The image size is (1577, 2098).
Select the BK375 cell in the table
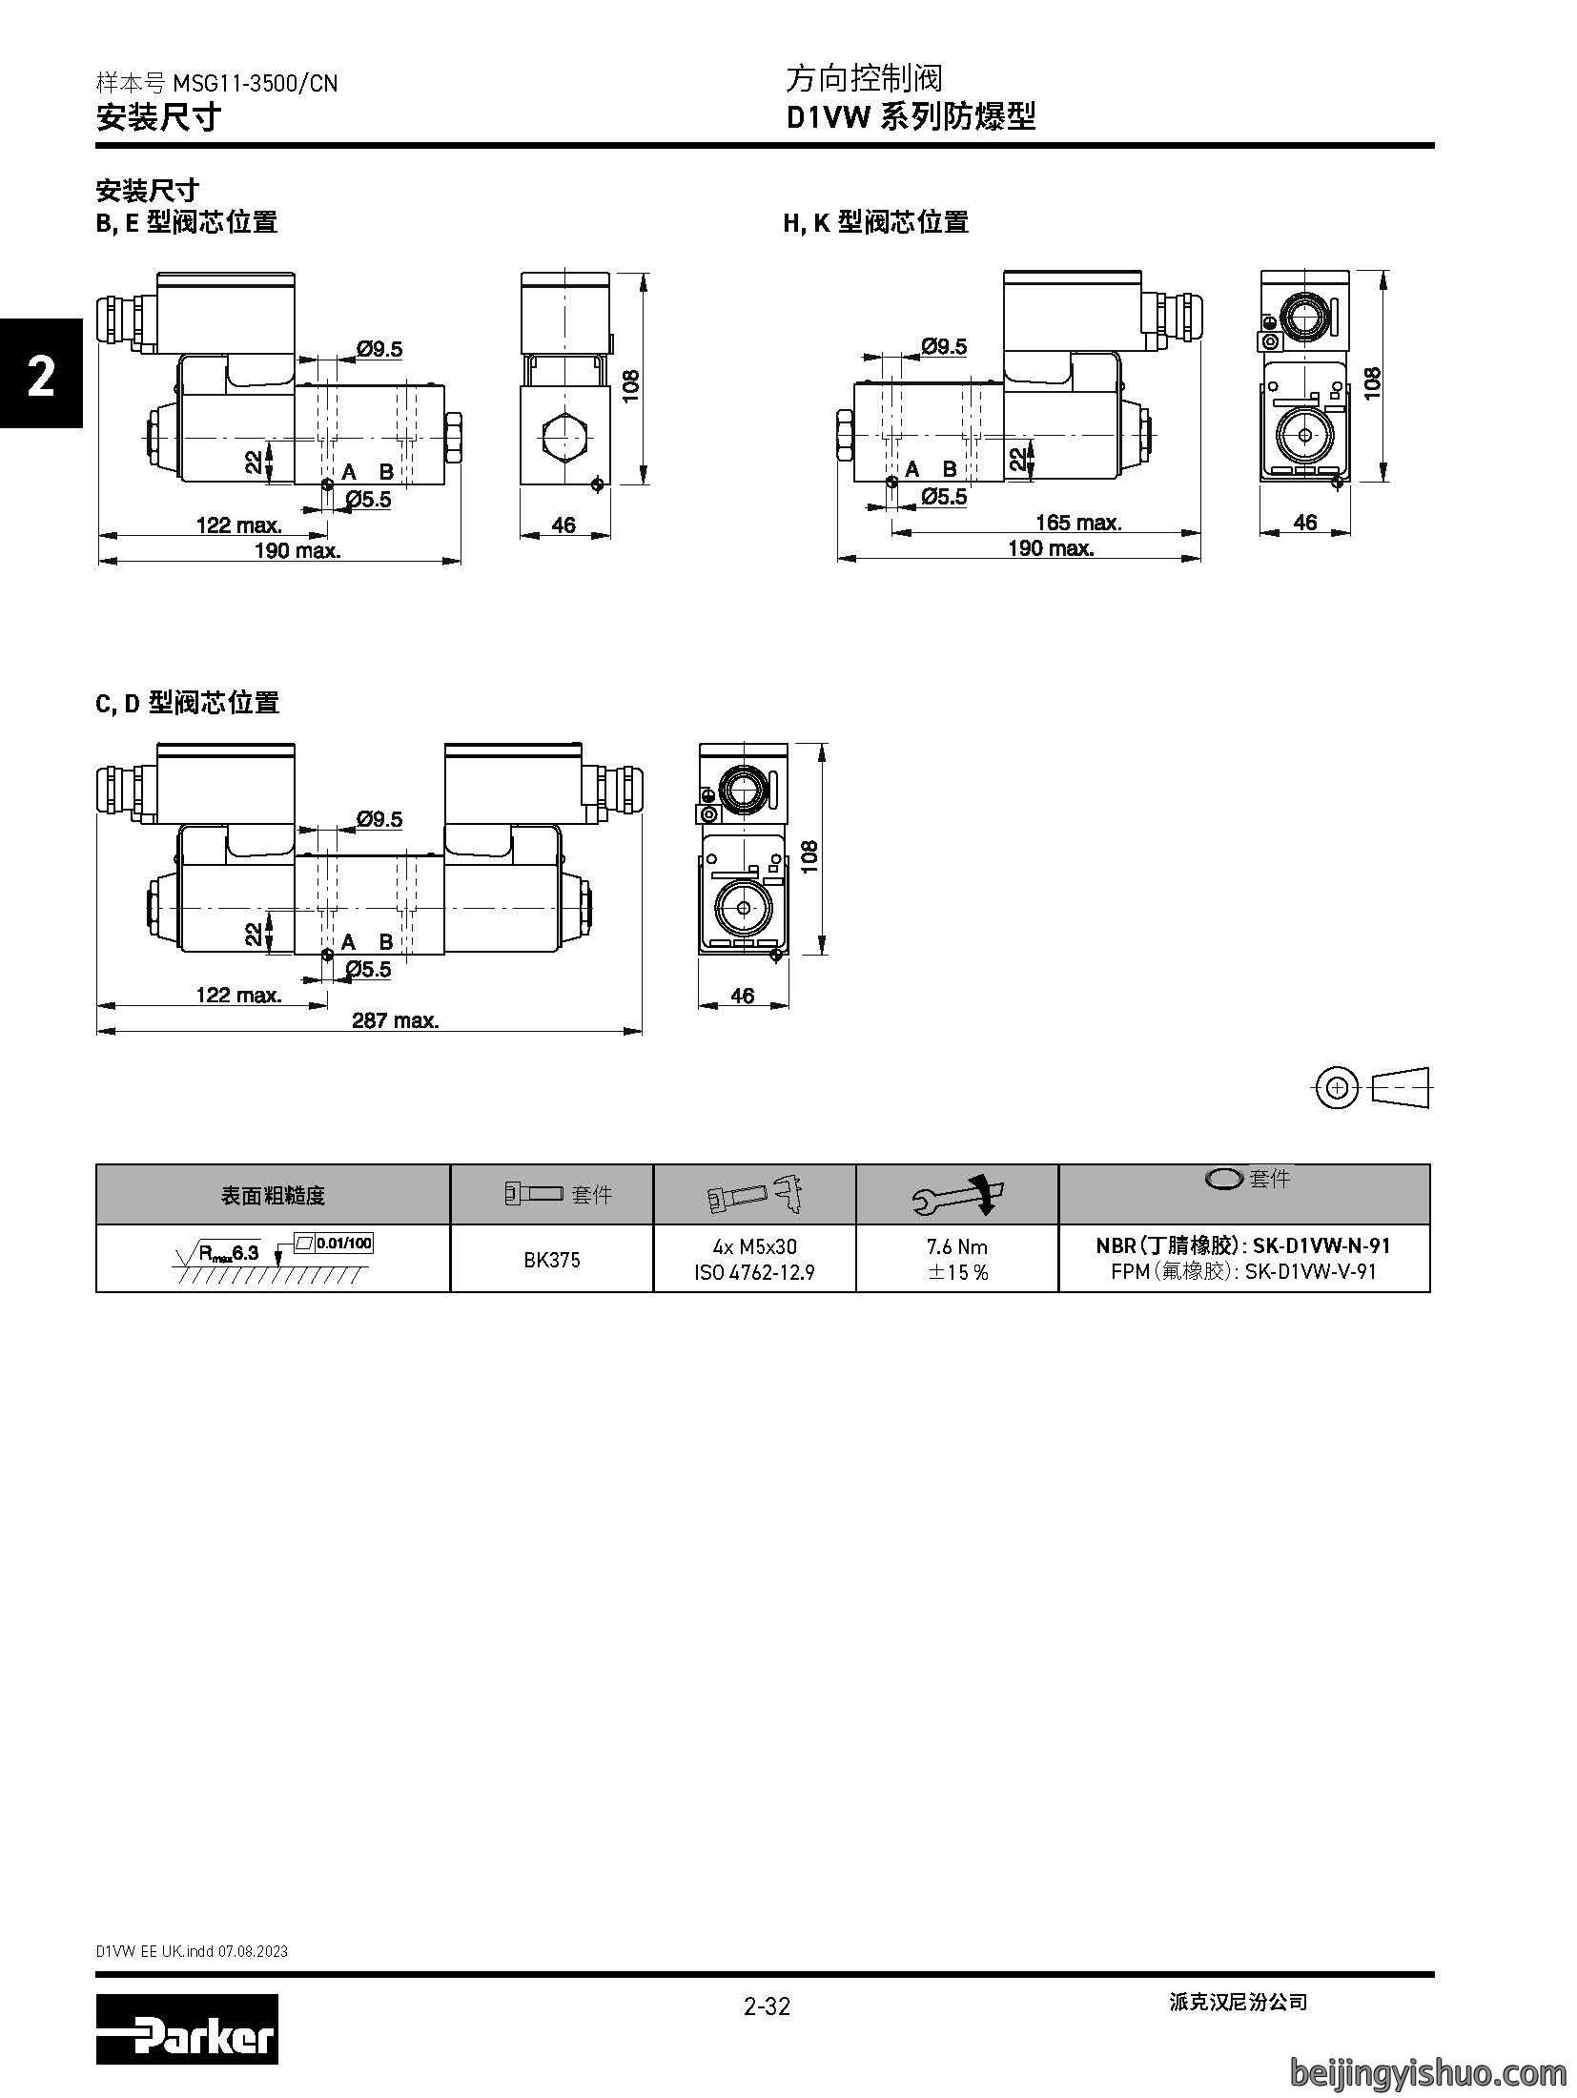pos(552,1260)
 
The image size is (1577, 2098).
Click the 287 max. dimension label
pos(396,1020)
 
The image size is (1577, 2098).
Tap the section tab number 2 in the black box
pos(41,377)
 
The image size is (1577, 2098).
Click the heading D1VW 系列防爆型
pos(911,117)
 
